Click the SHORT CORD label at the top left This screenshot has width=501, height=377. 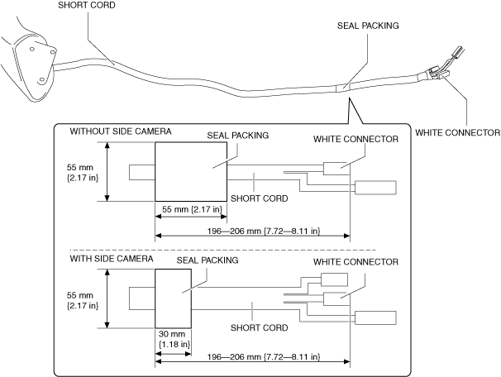tap(87, 5)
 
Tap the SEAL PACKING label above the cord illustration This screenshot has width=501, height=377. tap(368, 26)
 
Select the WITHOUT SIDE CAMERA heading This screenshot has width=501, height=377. tap(121, 131)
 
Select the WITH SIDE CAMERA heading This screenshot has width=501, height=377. tap(112, 259)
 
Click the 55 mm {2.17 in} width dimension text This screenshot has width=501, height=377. tap(192, 209)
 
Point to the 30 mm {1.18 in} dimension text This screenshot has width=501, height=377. tap(174, 339)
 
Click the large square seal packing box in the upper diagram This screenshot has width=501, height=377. tap(191, 172)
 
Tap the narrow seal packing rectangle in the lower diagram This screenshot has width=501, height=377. tap(173, 298)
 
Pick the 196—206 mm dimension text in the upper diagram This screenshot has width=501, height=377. tap(264, 231)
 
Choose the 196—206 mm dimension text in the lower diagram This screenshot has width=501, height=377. tap(264, 356)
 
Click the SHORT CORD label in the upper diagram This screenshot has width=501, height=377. tap(259, 198)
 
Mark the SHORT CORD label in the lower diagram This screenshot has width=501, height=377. tap(259, 327)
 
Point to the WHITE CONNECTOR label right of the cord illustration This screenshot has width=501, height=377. tap(457, 132)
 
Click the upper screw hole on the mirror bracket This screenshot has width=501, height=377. tap(32, 49)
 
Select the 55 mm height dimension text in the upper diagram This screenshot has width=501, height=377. tap(83, 173)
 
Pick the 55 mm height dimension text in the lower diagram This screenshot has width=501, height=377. tap(83, 300)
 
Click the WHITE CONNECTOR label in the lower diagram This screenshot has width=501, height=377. tap(355, 262)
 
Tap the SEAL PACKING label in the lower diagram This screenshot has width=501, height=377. tap(208, 260)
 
